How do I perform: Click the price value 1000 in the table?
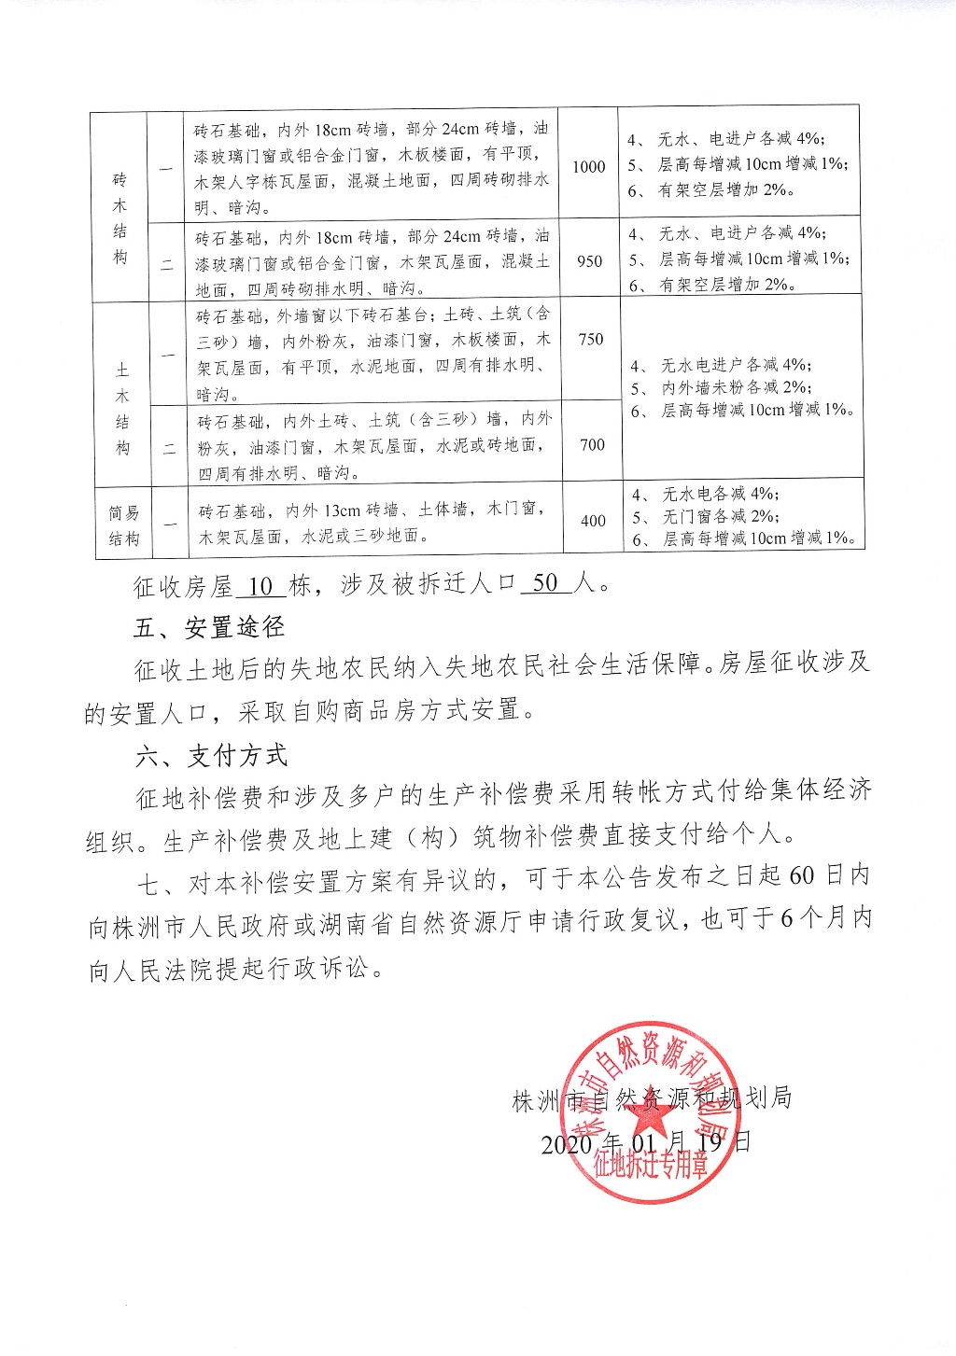589,166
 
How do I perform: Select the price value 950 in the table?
590,261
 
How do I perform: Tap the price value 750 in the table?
591,339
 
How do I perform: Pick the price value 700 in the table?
593,444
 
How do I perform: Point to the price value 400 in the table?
594,521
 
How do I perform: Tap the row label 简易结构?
123,525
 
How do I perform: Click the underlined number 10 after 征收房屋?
261,586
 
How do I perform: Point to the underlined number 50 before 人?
545,584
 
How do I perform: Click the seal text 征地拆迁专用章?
650,1166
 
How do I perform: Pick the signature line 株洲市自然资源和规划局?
652,1098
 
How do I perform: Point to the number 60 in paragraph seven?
802,877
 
